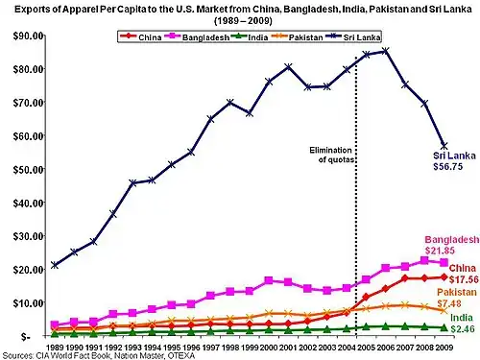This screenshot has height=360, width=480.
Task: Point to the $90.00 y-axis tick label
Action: tap(20, 36)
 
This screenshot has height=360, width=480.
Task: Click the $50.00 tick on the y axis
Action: tap(20, 169)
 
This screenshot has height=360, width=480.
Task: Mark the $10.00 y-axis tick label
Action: tap(20, 302)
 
